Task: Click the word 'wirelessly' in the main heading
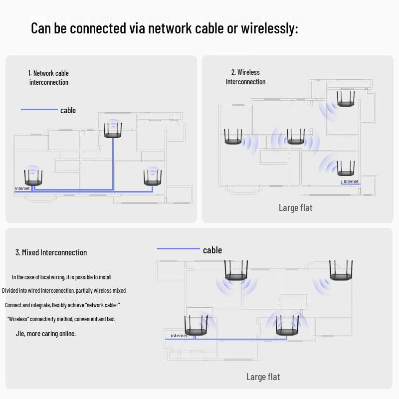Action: point(269,28)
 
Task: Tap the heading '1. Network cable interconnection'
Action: point(48,78)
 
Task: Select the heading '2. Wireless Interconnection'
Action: point(245,77)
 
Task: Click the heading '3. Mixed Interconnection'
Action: point(51,252)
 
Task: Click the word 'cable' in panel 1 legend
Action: point(68,110)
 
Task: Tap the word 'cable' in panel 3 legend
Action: point(212,250)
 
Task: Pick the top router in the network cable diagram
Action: point(113,131)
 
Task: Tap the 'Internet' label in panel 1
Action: point(22,189)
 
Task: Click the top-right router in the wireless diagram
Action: point(346,99)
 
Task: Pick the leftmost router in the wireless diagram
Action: point(232,137)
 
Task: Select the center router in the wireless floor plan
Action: point(295,137)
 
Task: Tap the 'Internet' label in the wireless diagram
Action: point(351,182)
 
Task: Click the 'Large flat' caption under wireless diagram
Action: point(295,208)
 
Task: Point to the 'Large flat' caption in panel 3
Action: point(263,377)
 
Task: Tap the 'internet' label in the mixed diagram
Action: point(179,336)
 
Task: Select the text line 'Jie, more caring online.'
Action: point(46,334)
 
